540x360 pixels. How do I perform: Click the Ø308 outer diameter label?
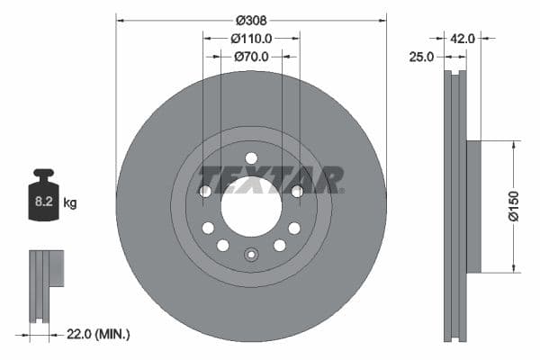(251, 19)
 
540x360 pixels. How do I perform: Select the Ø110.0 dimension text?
(251, 38)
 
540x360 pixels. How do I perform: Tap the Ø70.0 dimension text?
(251, 56)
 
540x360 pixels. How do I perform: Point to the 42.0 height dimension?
(463, 38)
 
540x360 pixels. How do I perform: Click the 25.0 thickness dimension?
(423, 56)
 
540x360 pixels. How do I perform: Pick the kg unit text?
(69, 203)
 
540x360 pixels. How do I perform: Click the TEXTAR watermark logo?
(270, 179)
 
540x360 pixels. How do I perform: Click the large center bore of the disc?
(251, 206)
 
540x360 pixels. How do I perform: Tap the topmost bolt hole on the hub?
(251, 158)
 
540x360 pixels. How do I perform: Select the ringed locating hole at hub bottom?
(251, 255)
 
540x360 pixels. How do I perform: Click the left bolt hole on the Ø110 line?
(204, 191)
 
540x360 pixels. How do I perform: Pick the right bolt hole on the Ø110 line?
(298, 191)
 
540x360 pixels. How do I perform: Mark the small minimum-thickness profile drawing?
(45, 284)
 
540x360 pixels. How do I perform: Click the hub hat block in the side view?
(473, 206)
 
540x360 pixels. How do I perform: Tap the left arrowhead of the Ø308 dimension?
(120, 19)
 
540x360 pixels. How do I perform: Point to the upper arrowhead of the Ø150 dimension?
(514, 144)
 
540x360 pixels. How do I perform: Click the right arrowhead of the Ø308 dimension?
(382, 19)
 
